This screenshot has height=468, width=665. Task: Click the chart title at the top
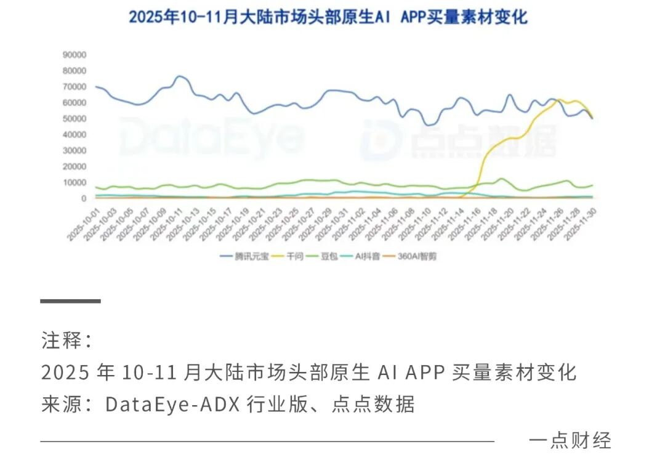click(328, 17)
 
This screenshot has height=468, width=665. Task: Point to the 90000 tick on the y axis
click(74, 54)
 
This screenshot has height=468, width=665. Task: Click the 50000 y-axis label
click(74, 118)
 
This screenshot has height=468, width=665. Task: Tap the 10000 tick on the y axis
click(74, 182)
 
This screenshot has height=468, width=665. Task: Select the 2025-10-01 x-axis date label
click(84, 223)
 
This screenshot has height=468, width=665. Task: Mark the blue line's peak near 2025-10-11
click(179, 76)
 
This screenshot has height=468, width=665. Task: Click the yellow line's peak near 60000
click(558, 100)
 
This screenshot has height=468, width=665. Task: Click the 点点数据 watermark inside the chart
click(459, 140)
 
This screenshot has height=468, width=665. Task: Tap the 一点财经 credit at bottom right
click(570, 440)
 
